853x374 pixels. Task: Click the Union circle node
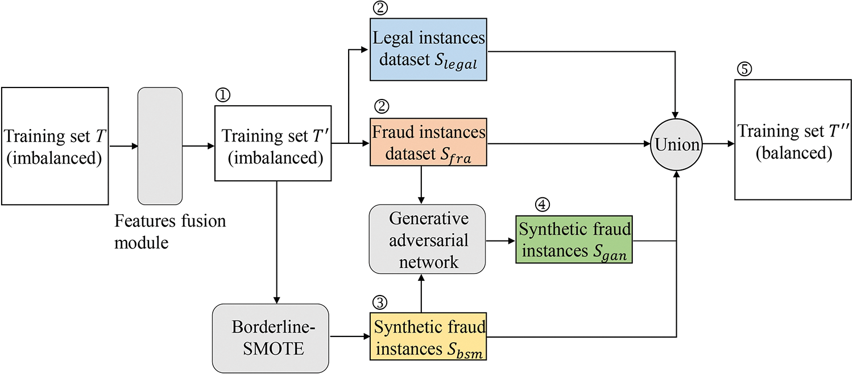click(x=677, y=144)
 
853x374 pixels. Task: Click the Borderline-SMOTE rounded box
click(x=271, y=338)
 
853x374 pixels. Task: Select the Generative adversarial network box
click(x=427, y=239)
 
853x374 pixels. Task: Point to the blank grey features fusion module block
click(x=160, y=146)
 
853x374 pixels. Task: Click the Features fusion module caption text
click(x=170, y=231)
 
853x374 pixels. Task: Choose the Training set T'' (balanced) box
click(x=793, y=139)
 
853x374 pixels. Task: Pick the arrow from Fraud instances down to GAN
click(x=421, y=185)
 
